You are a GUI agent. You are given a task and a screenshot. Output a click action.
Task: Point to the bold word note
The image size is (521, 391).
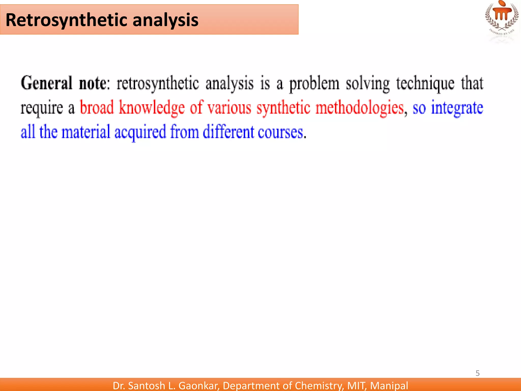tap(93, 83)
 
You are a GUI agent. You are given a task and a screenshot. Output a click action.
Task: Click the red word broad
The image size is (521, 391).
tap(97, 108)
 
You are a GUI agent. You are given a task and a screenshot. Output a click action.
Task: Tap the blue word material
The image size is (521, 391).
tap(86, 132)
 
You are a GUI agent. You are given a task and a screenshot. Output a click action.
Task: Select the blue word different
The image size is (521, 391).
tap(228, 132)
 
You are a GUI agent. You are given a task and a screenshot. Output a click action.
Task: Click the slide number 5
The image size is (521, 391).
tap(477, 373)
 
